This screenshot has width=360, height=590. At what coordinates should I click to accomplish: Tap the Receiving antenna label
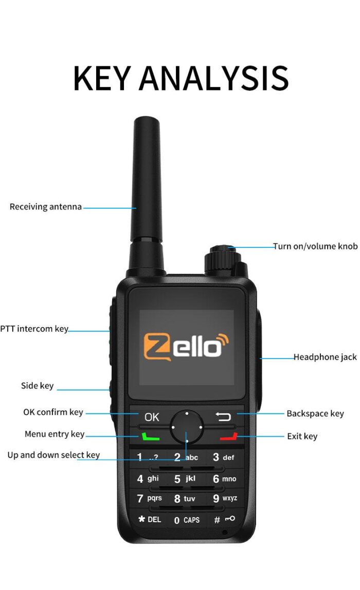click(45, 207)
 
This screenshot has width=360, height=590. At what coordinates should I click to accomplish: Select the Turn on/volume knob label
click(315, 246)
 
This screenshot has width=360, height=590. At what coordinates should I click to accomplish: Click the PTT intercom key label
click(34, 329)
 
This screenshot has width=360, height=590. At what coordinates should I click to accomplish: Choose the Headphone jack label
click(325, 357)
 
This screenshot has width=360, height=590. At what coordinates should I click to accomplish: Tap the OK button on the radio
click(152, 417)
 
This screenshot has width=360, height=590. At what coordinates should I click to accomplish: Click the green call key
click(150, 437)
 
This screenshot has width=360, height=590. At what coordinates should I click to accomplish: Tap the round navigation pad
click(187, 426)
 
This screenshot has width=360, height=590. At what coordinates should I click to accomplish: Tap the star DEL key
click(150, 520)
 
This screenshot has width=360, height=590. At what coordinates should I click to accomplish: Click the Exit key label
click(302, 436)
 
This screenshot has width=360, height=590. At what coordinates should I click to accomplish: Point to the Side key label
click(37, 386)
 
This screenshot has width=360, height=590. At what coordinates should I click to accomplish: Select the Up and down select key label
click(53, 455)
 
